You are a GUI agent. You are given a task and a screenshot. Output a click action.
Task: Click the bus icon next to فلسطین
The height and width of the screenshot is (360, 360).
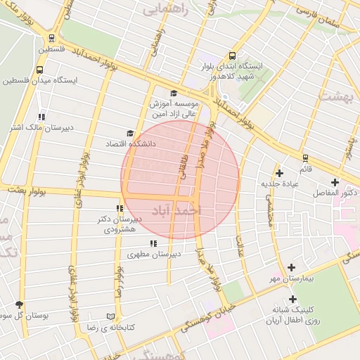coord(52,39)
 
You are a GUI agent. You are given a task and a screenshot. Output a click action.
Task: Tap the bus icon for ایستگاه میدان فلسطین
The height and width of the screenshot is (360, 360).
coord(39,70)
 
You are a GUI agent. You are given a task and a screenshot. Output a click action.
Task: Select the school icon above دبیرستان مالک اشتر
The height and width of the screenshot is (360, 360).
coord(41,117)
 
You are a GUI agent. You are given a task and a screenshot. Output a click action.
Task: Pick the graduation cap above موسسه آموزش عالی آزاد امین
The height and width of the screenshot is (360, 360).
coord(174,94)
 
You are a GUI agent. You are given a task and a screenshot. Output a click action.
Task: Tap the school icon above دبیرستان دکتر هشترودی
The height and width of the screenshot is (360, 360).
coord(120,208)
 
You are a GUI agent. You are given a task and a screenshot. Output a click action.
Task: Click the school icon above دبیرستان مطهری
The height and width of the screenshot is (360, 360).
coord(153,243)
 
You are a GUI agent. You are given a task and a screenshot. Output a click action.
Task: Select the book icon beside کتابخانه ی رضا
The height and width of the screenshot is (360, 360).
coord(109,317)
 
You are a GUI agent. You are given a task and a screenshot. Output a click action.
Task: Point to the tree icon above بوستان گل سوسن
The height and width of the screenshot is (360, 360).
coord(19,304)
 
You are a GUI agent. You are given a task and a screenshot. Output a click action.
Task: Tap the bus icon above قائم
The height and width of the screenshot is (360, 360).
coord(305,158)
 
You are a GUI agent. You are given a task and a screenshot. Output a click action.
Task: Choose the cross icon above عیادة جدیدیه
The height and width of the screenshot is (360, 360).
coord(280,172)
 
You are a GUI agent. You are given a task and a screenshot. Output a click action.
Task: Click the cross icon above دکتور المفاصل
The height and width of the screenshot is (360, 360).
coord(335,182)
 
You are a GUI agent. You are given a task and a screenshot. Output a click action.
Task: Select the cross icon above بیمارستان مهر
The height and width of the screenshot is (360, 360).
coord(291,268)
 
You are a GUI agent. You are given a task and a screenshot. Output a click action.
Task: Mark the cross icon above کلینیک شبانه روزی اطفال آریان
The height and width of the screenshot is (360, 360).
coord(292,298)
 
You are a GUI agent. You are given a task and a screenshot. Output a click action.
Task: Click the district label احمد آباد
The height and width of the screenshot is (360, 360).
coord(176,210)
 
